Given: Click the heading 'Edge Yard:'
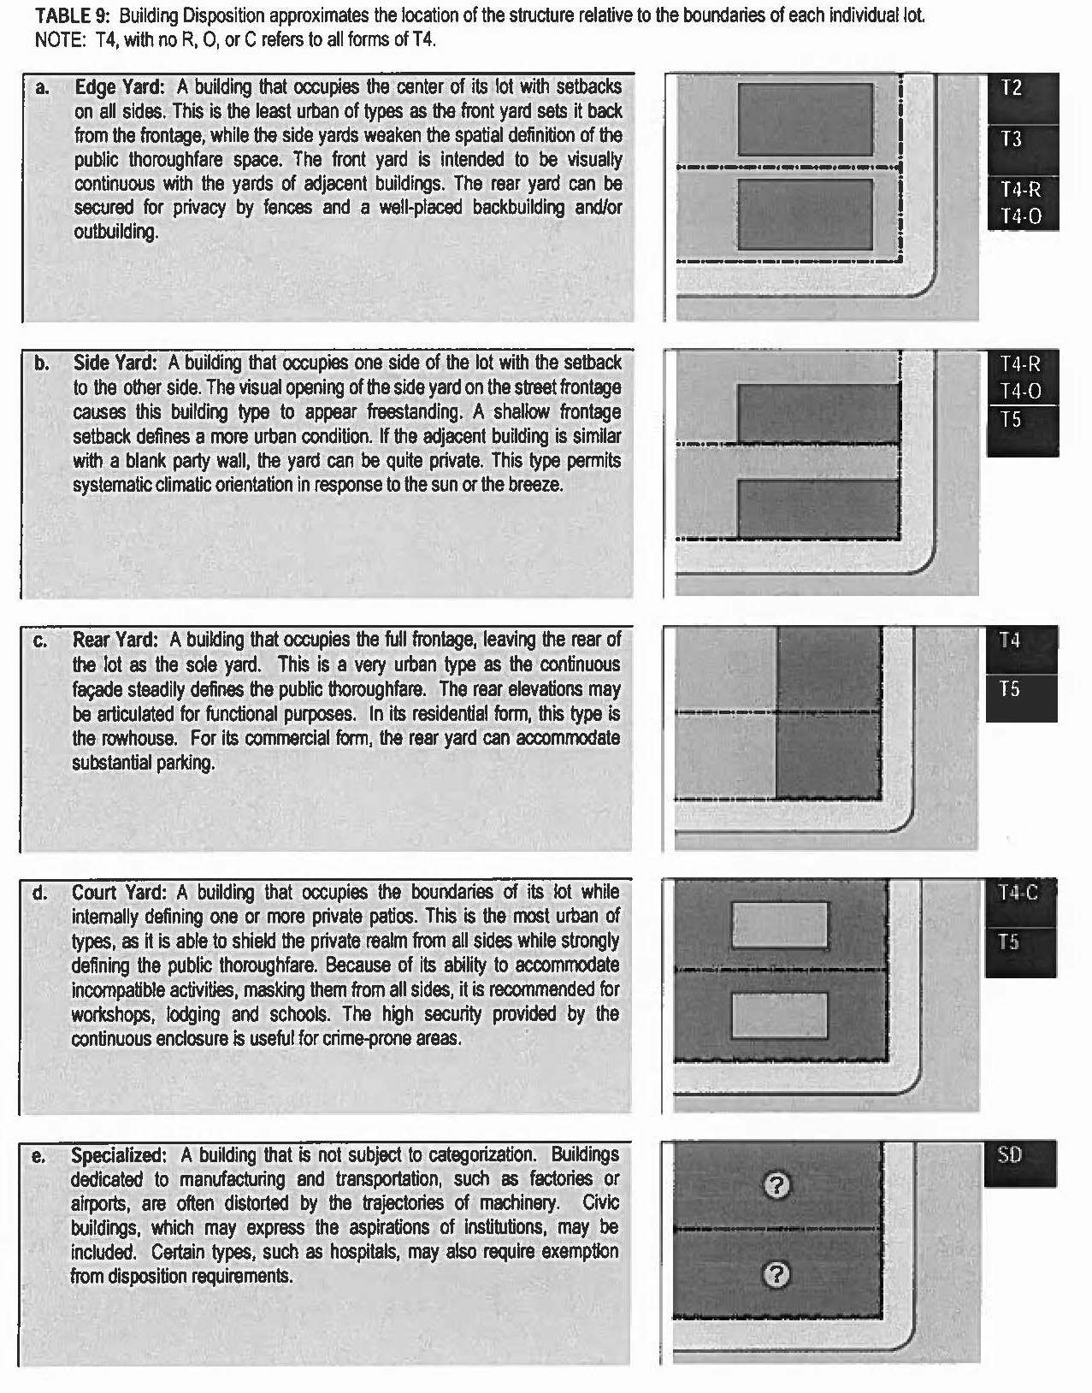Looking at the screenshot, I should click(x=119, y=87).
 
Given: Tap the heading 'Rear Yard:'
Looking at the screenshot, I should click(x=115, y=640).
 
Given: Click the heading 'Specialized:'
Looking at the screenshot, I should click(x=119, y=1155).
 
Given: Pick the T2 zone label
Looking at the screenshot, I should click(x=1011, y=88).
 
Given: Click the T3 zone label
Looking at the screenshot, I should click(x=1011, y=139).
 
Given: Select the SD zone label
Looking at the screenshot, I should click(x=1010, y=1155).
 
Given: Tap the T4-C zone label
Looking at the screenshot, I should click(x=1018, y=893).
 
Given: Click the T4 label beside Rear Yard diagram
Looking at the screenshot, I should click(x=1010, y=640).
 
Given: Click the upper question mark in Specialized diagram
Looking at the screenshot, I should click(x=776, y=1185).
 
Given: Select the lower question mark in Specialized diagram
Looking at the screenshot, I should click(x=776, y=1275).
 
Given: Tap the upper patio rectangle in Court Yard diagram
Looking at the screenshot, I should click(x=779, y=924).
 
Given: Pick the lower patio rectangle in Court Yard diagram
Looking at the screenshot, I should click(x=779, y=1015).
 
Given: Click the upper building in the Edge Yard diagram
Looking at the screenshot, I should click(x=806, y=119).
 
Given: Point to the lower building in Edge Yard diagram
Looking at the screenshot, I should click(x=806, y=214).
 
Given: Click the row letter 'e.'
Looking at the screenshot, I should click(x=38, y=1156).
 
